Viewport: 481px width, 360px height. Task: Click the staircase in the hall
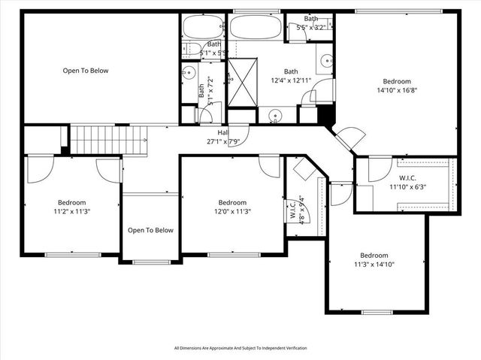[106, 138]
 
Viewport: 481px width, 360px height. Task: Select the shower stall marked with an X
[243, 73]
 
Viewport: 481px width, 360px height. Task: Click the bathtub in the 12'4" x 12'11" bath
[255, 28]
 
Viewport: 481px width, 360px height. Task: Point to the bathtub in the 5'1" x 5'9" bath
[202, 28]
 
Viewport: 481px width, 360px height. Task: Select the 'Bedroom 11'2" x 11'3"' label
[72, 207]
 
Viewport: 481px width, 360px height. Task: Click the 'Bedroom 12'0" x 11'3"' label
[232, 207]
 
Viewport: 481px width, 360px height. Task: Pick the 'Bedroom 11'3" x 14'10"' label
[374, 259]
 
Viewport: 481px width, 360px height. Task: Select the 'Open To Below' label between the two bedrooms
[150, 230]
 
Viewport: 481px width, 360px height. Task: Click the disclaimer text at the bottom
[240, 348]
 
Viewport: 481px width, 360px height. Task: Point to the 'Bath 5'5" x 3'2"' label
[310, 23]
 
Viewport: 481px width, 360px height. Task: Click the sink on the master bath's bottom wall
[276, 117]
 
